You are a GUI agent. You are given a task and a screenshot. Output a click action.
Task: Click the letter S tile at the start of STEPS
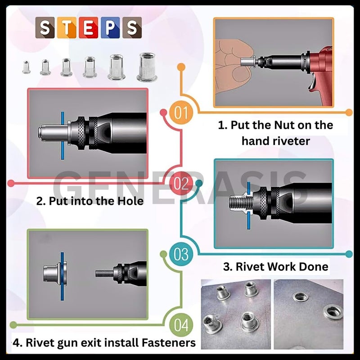(45, 27)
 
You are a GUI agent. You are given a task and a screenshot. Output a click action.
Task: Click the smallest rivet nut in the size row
(26, 67)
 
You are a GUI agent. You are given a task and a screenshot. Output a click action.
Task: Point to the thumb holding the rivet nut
(229, 63)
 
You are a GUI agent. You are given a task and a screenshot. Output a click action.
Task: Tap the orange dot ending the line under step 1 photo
(348, 112)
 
